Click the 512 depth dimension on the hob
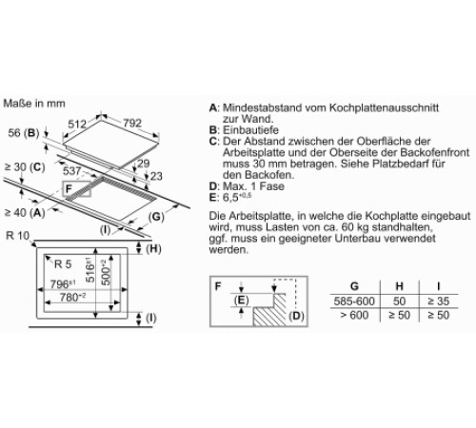point(77,124)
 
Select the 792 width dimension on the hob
point(132,123)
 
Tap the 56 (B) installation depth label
point(24,133)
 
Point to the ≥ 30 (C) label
point(25,167)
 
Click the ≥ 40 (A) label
point(25,212)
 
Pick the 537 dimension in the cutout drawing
point(72,171)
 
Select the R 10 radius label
point(17,236)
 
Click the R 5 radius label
point(63,264)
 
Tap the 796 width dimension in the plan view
point(63,284)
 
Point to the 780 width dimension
point(72,298)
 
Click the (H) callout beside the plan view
point(153,249)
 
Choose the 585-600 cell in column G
point(354,302)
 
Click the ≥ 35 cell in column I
point(439,302)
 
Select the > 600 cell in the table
point(354,315)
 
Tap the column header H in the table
point(399,286)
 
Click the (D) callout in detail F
point(296,316)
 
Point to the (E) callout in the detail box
point(241,300)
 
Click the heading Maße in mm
point(34,104)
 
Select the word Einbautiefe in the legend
point(250,130)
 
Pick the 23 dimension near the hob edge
point(156,176)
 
